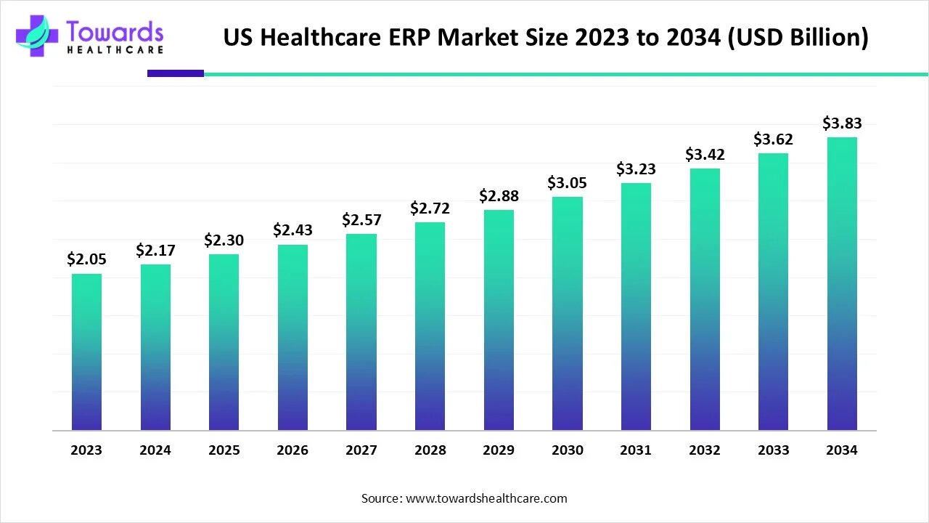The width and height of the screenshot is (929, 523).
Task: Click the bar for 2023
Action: pyautogui.click(x=86, y=352)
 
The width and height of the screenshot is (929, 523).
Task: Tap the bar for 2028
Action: pyautogui.click(x=430, y=327)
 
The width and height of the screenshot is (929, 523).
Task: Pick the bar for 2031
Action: pyautogui.click(x=636, y=307)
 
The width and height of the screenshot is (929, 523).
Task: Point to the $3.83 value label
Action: pyautogui.click(x=842, y=123)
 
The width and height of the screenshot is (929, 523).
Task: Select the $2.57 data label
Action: pyautogui.click(x=361, y=219)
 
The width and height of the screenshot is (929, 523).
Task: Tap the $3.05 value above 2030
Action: pyautogui.click(x=567, y=182)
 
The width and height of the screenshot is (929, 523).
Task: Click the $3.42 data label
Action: pyautogui.click(x=705, y=154)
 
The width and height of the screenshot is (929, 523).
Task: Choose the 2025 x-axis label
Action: pyautogui.click(x=224, y=450)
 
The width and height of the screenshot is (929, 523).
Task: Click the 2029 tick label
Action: pyautogui.click(x=499, y=450)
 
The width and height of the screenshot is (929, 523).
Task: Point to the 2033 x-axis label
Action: pyautogui.click(x=773, y=450)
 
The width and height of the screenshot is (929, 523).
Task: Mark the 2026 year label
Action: pyautogui.click(x=292, y=450)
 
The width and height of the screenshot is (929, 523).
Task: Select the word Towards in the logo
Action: pyautogui.click(x=115, y=31)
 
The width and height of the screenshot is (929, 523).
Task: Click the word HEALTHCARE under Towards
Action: pyautogui.click(x=115, y=50)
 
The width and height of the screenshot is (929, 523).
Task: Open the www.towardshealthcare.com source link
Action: pyautogui.click(x=486, y=498)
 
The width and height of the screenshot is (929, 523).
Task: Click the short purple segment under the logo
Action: pyautogui.click(x=176, y=73)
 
